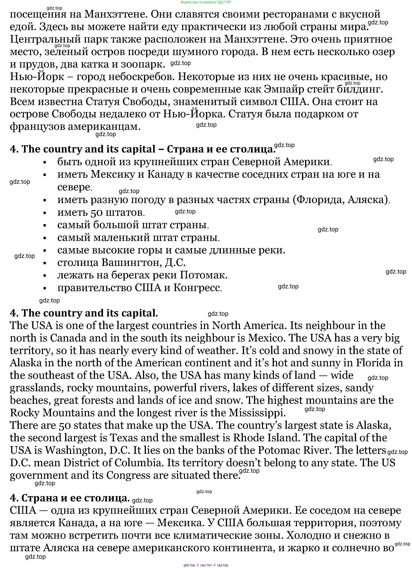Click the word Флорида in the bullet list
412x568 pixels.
[318, 200]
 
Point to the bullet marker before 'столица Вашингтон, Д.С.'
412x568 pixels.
[45, 263]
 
